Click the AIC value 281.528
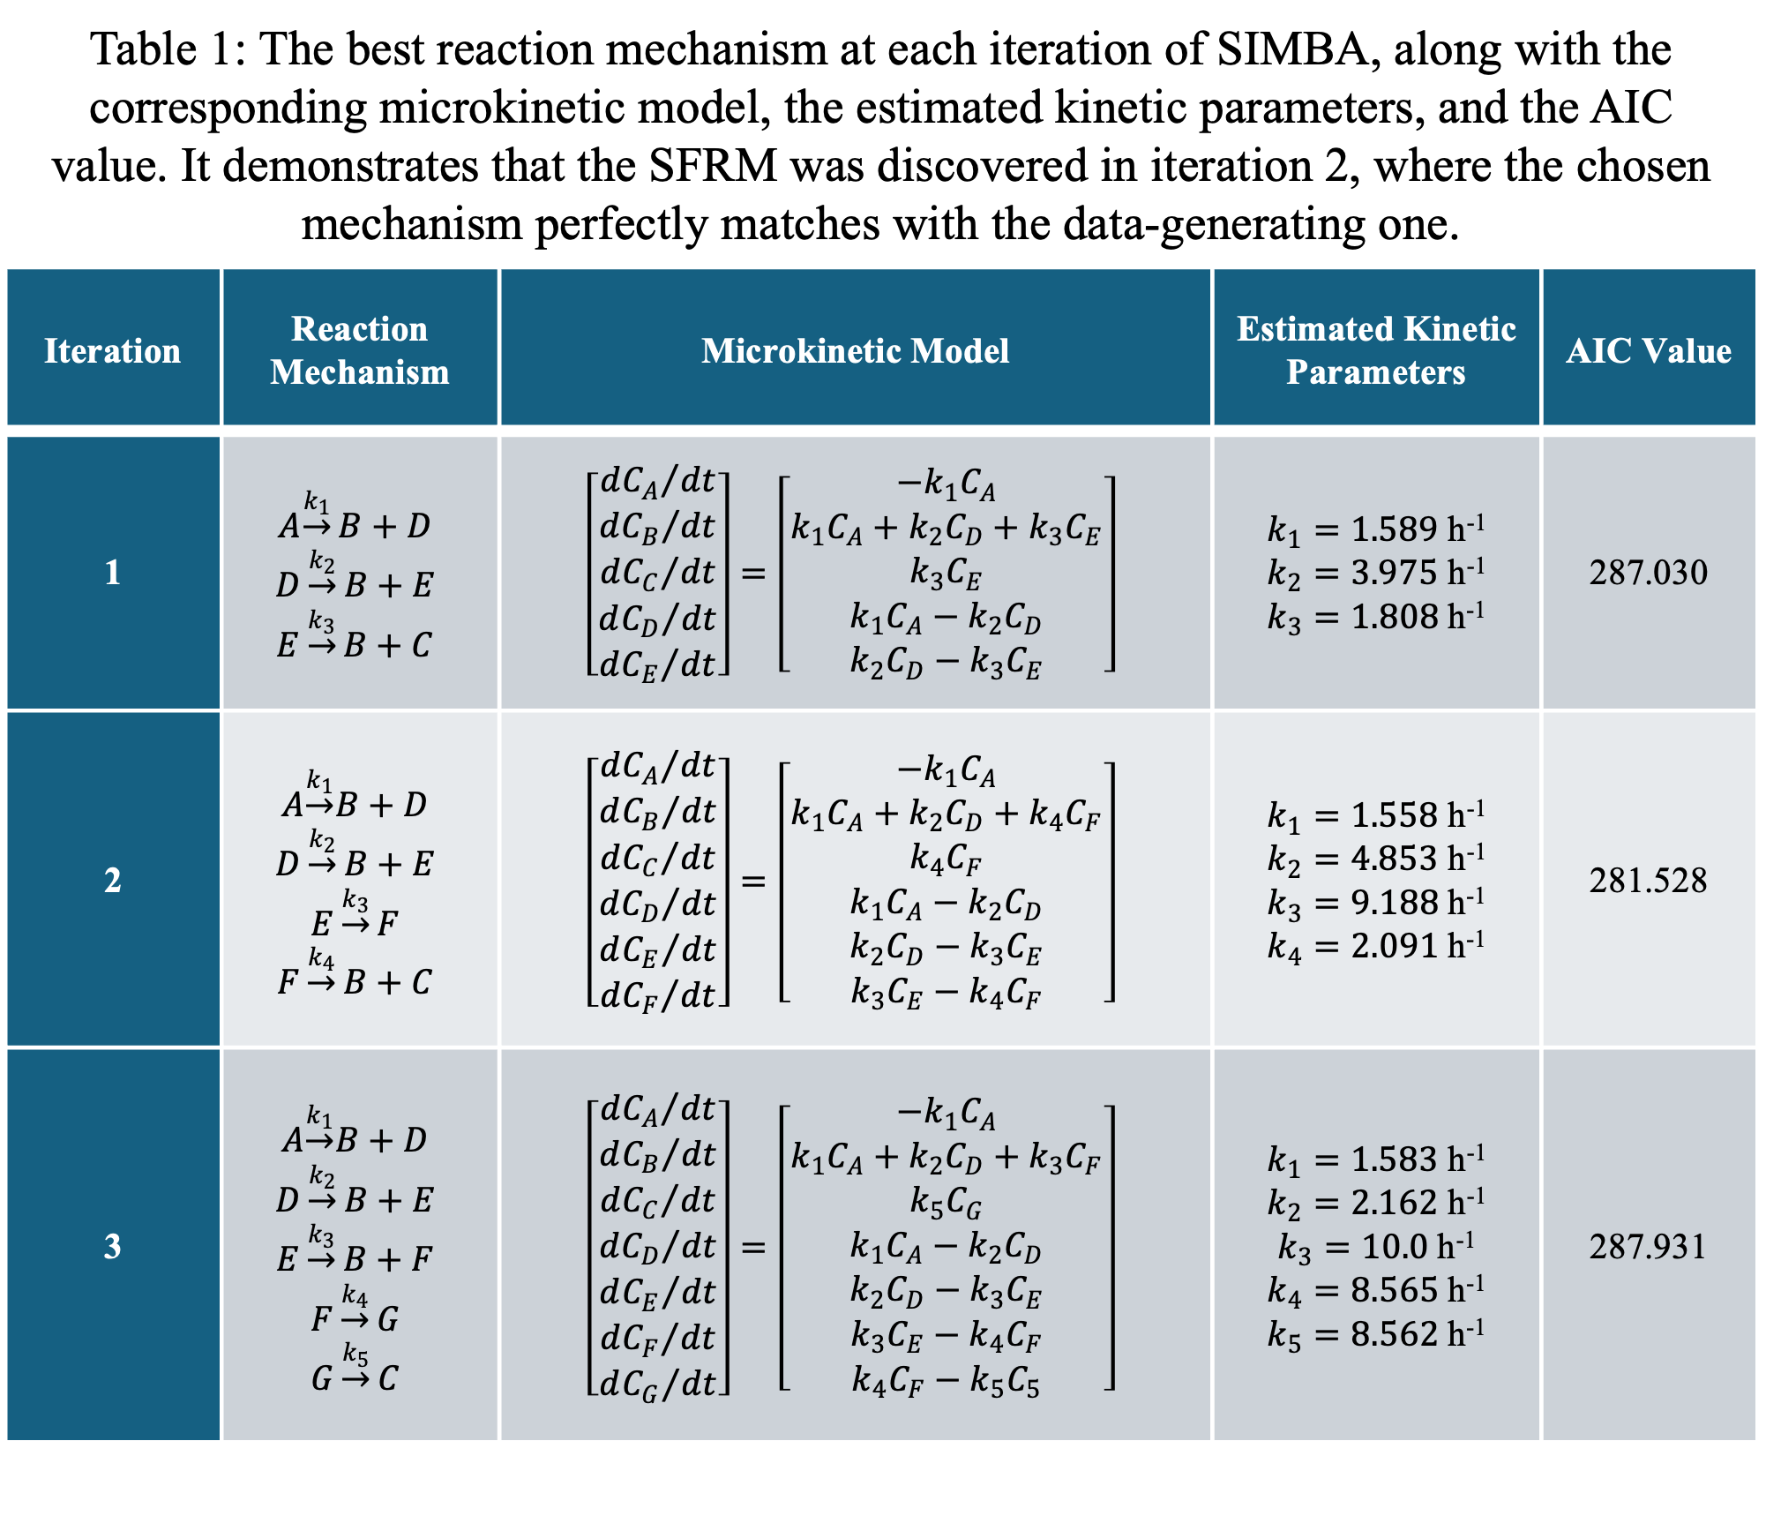(x=1648, y=881)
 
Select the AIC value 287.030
(x=1648, y=573)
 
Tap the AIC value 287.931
(x=1648, y=1247)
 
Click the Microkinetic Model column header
(x=855, y=351)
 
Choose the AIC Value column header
(x=1648, y=351)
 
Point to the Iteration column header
(x=112, y=351)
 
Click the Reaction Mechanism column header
(x=359, y=350)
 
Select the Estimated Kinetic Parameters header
(x=1375, y=350)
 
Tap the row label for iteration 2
(x=112, y=881)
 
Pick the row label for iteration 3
(x=112, y=1247)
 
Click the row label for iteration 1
(x=112, y=573)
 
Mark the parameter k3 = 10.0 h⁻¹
(x=1375, y=1247)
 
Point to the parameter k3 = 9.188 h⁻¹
(x=1375, y=903)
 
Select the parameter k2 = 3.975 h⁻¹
(x=1375, y=574)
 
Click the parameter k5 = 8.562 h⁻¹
(x=1375, y=1334)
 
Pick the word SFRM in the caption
(x=713, y=166)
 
